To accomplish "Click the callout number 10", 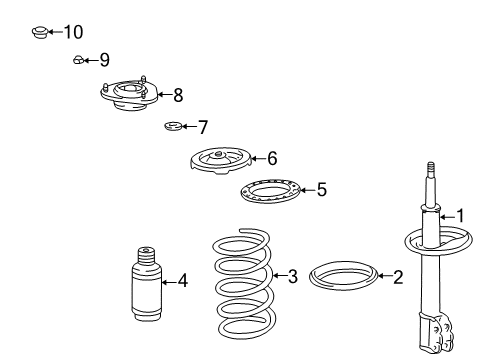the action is [73, 32].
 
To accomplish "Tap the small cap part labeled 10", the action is [40, 32].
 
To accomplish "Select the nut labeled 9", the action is [78, 60].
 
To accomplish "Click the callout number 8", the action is [178, 95].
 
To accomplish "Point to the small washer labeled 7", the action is [173, 126].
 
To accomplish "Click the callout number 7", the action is [203, 127].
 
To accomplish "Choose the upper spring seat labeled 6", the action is [221, 161].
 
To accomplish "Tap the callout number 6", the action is [272, 158].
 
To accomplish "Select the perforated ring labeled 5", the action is [270, 191].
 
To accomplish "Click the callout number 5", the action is [322, 190].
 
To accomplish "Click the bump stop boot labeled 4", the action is [147, 284].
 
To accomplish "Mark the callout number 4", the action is [183, 280].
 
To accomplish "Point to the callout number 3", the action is [292, 276].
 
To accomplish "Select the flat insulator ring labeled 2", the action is [343, 276].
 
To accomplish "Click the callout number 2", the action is [398, 277].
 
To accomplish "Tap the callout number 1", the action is [460, 216].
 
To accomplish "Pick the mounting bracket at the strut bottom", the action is [435, 332].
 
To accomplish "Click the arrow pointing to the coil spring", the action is [280, 276].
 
